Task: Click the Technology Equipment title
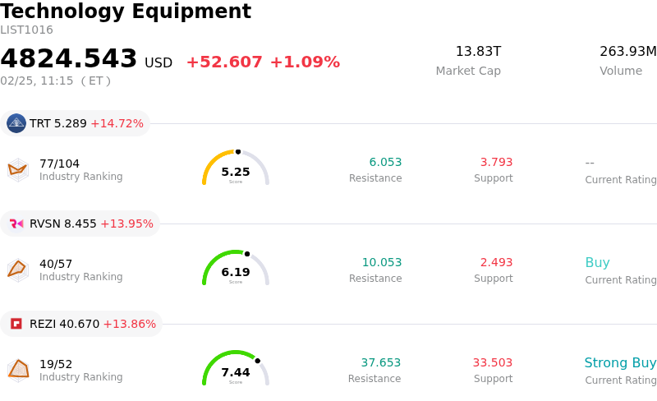tap(126, 12)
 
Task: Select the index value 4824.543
tap(69, 59)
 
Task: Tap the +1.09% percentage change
tap(305, 62)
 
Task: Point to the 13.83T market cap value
tap(478, 52)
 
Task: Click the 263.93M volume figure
tap(627, 52)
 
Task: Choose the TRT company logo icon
tap(16, 123)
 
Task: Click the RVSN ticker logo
tap(16, 224)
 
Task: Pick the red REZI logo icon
tap(16, 324)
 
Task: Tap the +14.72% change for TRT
tap(117, 123)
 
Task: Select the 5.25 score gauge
tap(236, 168)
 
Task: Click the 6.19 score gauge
tap(236, 269)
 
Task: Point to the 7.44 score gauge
tap(236, 369)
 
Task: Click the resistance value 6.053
tap(385, 162)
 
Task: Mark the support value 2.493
tap(496, 262)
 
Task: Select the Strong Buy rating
tap(620, 362)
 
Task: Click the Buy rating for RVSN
tap(597, 263)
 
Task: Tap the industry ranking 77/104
tap(59, 164)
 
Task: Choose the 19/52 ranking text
tap(56, 364)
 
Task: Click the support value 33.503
tap(492, 362)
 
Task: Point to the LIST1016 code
tap(26, 30)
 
